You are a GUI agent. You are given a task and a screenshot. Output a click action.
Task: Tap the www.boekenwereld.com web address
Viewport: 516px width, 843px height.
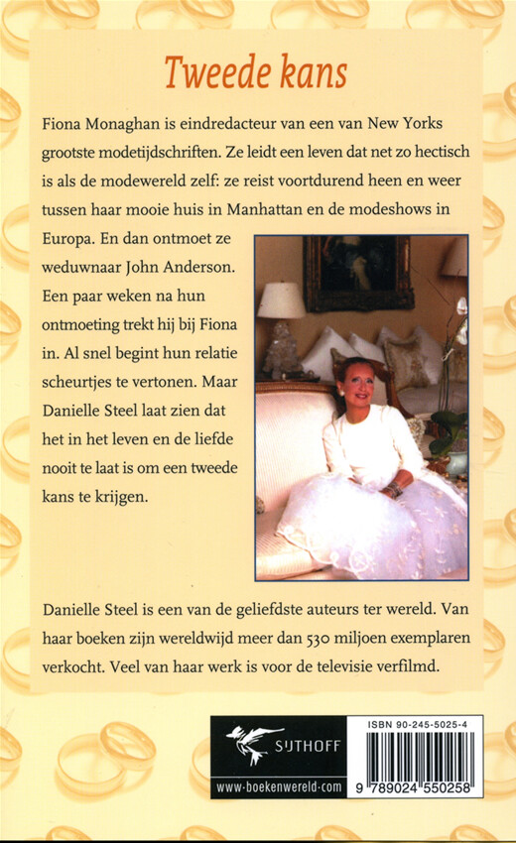pos(271,785)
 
